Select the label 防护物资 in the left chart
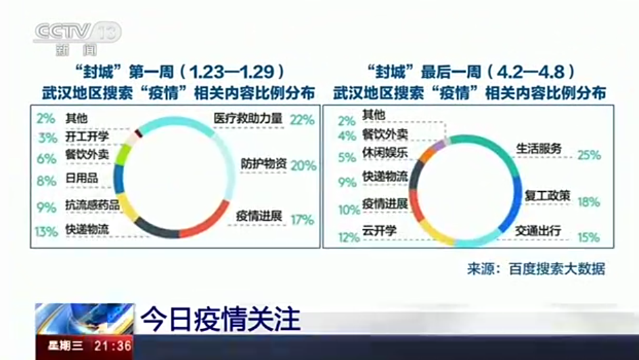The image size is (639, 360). pos(263,164)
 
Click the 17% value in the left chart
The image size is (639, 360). pos(302,220)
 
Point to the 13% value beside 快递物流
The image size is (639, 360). pos(47,231)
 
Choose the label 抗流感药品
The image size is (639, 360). pos(92,206)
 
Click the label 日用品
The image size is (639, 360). pos(80,180)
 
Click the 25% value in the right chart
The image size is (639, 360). pos(589,155)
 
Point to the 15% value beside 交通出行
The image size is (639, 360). pos(588,238)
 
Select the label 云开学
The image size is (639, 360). pos(378,231)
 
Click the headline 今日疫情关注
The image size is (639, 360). pos(221,319)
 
